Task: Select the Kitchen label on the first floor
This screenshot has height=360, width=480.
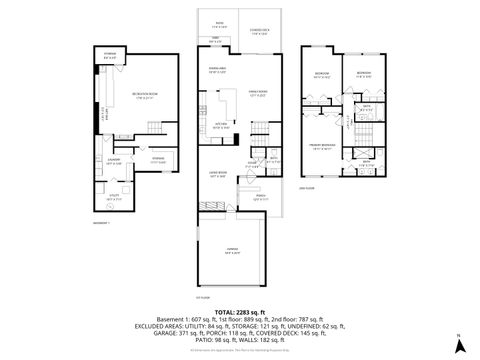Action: click(222, 126)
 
